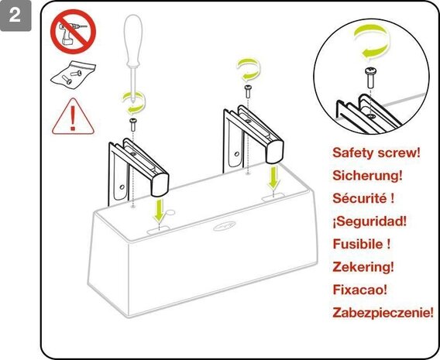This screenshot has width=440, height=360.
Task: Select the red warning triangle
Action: click(72, 116)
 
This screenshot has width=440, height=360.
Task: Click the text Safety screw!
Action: click(376, 153)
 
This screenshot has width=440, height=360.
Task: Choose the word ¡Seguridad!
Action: click(369, 221)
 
